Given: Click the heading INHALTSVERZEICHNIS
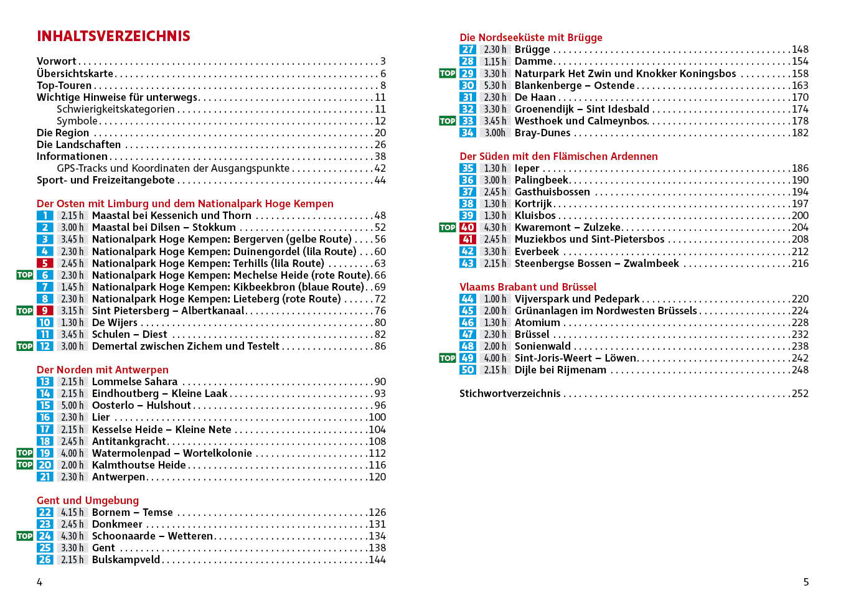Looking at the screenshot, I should coord(113,36).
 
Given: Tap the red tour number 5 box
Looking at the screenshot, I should coord(45,263).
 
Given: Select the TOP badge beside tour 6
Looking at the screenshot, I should coord(25,275).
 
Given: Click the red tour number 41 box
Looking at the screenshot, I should coord(468,240).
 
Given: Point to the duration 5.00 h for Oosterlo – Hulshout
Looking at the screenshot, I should coord(72,406).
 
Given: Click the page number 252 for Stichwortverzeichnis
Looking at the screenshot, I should coord(800,394).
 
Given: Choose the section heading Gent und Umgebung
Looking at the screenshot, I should coord(88,500).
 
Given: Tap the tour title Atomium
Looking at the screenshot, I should coord(537,323).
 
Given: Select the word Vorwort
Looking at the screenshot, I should coord(56,61).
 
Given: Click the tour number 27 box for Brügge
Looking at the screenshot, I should coord(468,50).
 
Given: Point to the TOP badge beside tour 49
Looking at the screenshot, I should coord(448,358).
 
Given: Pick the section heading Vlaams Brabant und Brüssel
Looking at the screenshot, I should coord(528,287).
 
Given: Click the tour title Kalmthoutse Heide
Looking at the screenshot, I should coord(139,465).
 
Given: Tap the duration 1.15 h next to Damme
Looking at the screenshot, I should coord(495,62).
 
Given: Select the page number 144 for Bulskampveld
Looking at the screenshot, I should coord(377,560).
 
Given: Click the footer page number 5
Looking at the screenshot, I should coord(806,582).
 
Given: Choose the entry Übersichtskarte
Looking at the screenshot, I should coord(75,73).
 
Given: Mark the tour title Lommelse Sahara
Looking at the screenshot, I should coord(134,382).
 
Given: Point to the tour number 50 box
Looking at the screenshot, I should coord(468,370).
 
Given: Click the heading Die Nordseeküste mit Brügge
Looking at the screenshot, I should coord(531,37).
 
